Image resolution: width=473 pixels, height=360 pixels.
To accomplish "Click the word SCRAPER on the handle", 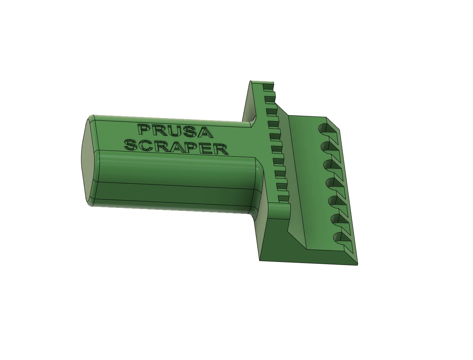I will tap(176, 147).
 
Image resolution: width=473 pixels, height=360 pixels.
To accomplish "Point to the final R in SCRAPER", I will tap(221, 149).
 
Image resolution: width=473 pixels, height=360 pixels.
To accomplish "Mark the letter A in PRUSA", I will tap(206, 133).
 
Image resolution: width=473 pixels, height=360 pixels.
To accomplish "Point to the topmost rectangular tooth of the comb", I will tap(268, 86).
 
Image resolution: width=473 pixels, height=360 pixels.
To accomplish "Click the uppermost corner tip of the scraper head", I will tap(251, 81).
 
